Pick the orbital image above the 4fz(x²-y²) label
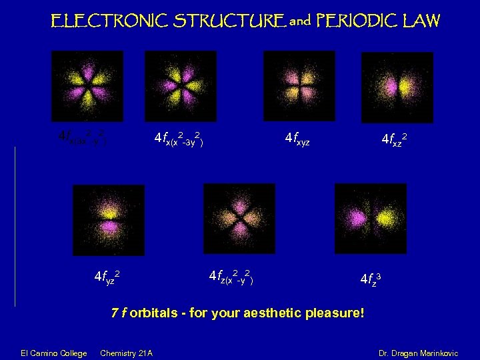[229, 217]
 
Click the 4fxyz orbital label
[297, 139]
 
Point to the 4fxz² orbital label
[395, 139]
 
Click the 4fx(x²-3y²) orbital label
[178, 139]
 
